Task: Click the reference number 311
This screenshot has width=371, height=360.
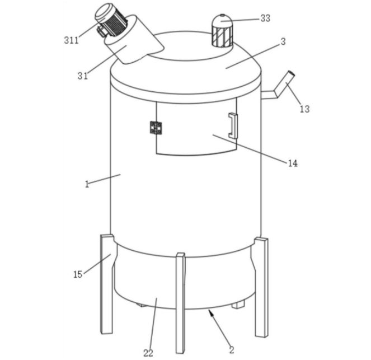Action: pyautogui.click(x=71, y=40)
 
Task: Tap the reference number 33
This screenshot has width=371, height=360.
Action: pyautogui.click(x=265, y=18)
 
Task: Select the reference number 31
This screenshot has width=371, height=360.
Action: pyautogui.click(x=83, y=76)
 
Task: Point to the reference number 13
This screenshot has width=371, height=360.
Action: pyautogui.click(x=304, y=109)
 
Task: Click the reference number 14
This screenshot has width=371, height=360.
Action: pyautogui.click(x=293, y=163)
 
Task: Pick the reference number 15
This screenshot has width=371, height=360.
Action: pyautogui.click(x=78, y=274)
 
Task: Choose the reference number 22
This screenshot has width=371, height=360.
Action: pyautogui.click(x=148, y=353)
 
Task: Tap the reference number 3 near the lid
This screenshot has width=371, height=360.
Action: pyautogui.click(x=283, y=41)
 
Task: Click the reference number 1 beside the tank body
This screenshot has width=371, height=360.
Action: pyautogui.click(x=87, y=184)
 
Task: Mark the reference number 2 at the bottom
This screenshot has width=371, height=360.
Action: pyautogui.click(x=232, y=349)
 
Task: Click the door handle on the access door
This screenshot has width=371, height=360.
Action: pyautogui.click(x=233, y=125)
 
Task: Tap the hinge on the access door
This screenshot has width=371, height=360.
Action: pyautogui.click(x=156, y=128)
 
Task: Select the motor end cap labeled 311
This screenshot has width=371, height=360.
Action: pyautogui.click(x=104, y=12)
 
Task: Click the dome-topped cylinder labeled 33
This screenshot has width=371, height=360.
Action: pyautogui.click(x=222, y=31)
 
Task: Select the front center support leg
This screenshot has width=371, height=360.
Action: pyautogui.click(x=181, y=303)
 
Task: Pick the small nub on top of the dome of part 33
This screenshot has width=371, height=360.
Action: pyautogui.click(x=222, y=15)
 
